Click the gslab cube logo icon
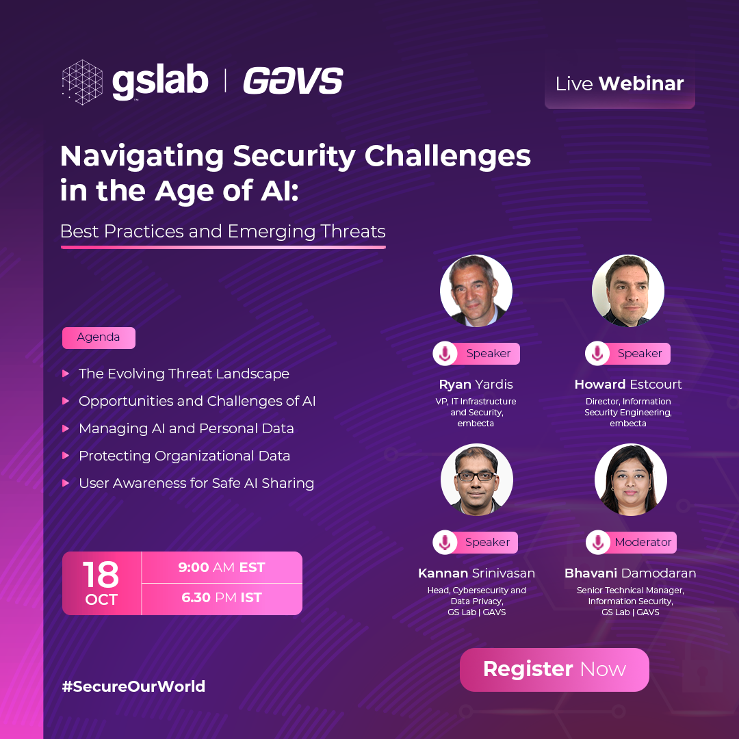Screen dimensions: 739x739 coord(83,82)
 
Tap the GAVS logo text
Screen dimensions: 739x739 coord(293,81)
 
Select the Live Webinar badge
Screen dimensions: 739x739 coord(619,84)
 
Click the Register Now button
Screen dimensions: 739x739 coord(554,669)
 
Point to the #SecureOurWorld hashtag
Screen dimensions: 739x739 coord(133,686)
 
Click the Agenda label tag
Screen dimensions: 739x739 coord(99,337)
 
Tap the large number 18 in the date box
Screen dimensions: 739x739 coord(101,574)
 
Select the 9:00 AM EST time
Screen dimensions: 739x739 coord(222,567)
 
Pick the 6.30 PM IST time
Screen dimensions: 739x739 coord(222,597)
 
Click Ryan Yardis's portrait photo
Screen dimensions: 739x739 coord(476,291)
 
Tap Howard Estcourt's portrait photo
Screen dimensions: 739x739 coord(627,291)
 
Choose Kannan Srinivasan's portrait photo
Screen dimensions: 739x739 coord(476,480)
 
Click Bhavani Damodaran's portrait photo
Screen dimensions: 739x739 coord(631,480)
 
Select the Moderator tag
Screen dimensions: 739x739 coord(631,543)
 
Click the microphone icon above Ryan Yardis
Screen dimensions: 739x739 coord(445,354)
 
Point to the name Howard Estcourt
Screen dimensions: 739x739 coord(627,385)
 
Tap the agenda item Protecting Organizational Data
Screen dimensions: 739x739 coord(184,456)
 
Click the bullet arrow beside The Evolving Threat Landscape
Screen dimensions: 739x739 coord(66,374)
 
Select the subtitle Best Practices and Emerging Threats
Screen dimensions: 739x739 coord(223,231)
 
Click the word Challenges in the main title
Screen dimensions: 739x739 coord(448,157)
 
